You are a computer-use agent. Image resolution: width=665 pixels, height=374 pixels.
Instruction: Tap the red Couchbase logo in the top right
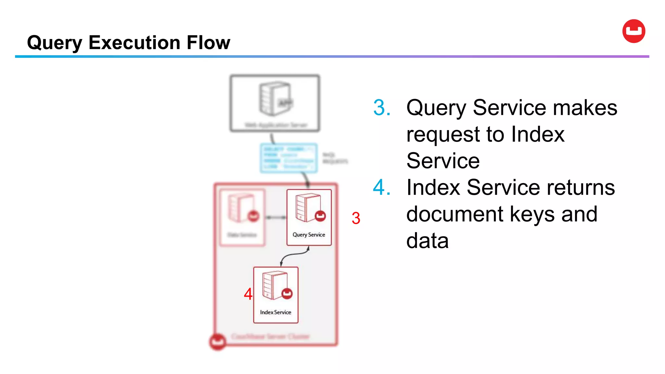pyautogui.click(x=634, y=31)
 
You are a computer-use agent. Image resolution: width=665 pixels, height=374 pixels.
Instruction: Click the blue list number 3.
pyautogui.click(x=382, y=108)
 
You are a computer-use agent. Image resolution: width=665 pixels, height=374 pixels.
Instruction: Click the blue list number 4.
pyautogui.click(x=382, y=188)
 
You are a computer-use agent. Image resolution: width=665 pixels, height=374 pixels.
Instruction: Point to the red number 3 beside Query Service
pyautogui.click(x=356, y=218)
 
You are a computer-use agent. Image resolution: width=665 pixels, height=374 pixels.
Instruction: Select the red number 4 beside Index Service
pyautogui.click(x=248, y=294)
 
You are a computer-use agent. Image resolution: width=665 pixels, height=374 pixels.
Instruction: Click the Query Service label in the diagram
pyautogui.click(x=309, y=235)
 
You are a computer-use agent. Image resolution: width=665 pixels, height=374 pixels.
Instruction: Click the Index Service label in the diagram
pyautogui.click(x=275, y=312)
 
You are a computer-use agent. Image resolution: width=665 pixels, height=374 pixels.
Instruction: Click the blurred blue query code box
pyautogui.click(x=288, y=158)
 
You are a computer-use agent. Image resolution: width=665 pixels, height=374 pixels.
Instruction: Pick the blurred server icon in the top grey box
pyautogui.click(x=275, y=99)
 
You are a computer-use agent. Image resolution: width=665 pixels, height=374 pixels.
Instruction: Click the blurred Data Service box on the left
pyautogui.click(x=242, y=218)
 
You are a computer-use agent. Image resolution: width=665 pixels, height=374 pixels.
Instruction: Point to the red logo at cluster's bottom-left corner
pyautogui.click(x=218, y=342)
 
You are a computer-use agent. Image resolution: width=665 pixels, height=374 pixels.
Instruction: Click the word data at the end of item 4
pyautogui.click(x=427, y=241)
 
